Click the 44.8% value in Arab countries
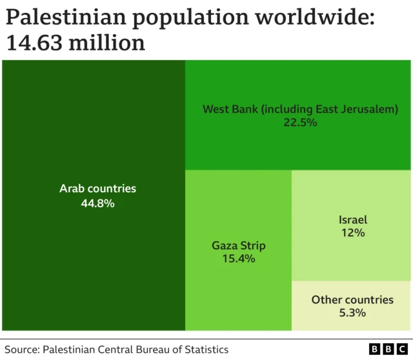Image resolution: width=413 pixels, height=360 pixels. tap(97, 203)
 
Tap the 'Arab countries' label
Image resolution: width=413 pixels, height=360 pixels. tap(97, 189)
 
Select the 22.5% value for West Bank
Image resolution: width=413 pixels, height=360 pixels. tap(300, 122)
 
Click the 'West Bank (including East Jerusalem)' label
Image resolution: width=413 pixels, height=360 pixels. tap(300, 109)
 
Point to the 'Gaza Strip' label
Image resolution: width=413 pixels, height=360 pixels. tap(239, 246)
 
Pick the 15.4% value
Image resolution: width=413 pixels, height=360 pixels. tap(239, 259)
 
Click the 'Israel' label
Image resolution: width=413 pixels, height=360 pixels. tap(353, 220)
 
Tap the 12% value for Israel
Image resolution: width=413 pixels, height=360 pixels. tap(353, 233)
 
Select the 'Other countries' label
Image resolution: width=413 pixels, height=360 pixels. tap(352, 300)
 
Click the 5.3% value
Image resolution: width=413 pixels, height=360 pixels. tap(352, 313)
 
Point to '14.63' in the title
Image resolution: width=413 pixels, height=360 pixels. tap(35, 44)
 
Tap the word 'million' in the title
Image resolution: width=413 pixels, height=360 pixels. tap(107, 44)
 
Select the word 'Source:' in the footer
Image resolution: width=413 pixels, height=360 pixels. tap(23, 350)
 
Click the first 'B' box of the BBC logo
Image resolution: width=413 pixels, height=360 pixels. tap(374, 349)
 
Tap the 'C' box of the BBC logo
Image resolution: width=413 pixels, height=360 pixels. tap(403, 349)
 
